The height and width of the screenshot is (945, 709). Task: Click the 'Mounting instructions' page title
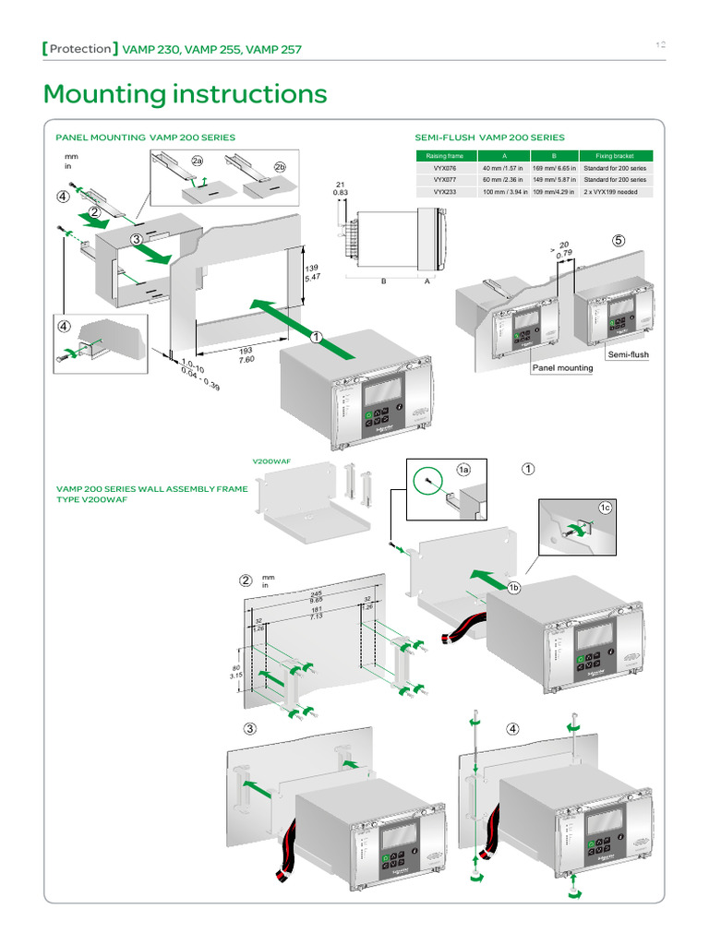[x=185, y=94]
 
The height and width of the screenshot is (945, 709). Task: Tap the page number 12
[x=661, y=45]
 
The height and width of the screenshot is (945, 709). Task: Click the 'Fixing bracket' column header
[x=621, y=156]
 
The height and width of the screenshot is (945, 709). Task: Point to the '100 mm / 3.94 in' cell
[x=503, y=192]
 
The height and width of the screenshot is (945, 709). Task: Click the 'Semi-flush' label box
[x=628, y=354]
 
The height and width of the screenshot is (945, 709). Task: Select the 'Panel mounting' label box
[x=562, y=368]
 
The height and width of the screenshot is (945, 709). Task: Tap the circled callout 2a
[x=197, y=161]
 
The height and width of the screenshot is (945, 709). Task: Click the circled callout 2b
[x=280, y=167]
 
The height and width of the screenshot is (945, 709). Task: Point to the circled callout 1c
[x=606, y=508]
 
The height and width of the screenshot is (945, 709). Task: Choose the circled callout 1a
[x=464, y=470]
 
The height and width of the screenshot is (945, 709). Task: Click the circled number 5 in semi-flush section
[x=619, y=240]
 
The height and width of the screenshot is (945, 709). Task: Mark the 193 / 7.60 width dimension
[x=246, y=354]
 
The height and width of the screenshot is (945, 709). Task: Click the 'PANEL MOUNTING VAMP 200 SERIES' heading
[x=146, y=138]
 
